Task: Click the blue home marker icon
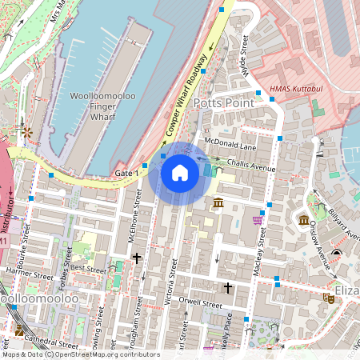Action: tap(180, 173)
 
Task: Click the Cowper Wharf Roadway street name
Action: tap(186, 94)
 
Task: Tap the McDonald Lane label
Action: tap(230, 146)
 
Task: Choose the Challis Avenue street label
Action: tap(250, 165)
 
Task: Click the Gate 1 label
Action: tap(127, 173)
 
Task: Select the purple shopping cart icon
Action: tap(257, 220)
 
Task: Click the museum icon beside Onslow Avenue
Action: tap(304, 220)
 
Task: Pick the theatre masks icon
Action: tap(327, 298)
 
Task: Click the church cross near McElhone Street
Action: tap(137, 258)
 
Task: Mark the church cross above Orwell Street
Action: tap(228, 286)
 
